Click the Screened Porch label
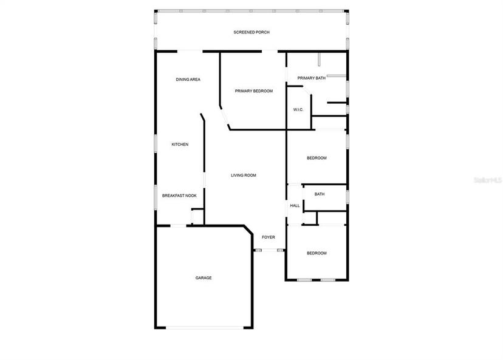pos(251,32)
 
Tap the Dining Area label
pos(188,80)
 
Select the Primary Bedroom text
pos(254,91)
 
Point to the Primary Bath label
pos(311,78)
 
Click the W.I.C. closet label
pos(298,110)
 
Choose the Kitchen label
pos(180,144)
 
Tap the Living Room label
pos(244,175)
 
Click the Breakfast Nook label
pos(179,196)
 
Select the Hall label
pos(295,206)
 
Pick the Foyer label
pos(269,237)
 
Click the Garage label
pos(204,278)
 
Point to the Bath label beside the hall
pos(320,194)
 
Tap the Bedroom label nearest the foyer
pos(317,253)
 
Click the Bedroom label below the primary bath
pos(317,158)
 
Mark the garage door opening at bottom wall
pos(205,328)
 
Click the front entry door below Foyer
pos(270,250)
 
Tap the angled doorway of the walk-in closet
pos(307,90)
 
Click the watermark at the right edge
pos(488,180)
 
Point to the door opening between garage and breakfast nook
pos(179,226)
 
